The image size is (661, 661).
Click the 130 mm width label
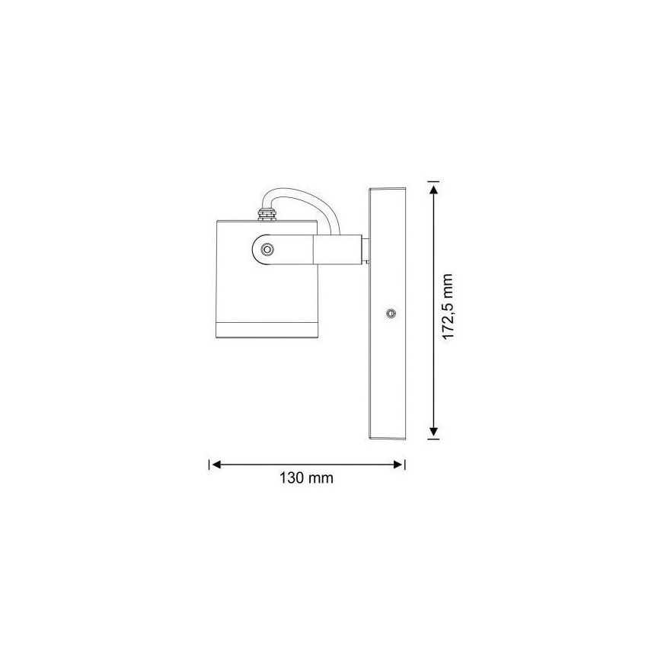pyautogui.click(x=307, y=479)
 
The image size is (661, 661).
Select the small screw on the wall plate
pyautogui.click(x=391, y=313)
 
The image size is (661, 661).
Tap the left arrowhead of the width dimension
pyautogui.click(x=216, y=463)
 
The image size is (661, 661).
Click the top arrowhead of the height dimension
pyautogui.click(x=433, y=189)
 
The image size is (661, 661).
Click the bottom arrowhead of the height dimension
pyautogui.click(x=433, y=431)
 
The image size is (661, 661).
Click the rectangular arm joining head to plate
pyautogui.click(x=335, y=250)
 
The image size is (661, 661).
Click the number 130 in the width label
pyautogui.click(x=293, y=479)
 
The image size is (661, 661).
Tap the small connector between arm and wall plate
pyautogui.click(x=366, y=250)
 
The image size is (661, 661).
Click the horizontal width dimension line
pyautogui.click(x=307, y=463)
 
